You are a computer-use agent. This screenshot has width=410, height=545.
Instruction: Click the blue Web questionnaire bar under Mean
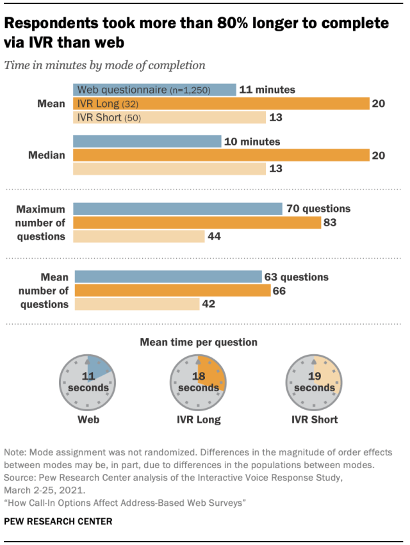pyautogui.click(x=154, y=90)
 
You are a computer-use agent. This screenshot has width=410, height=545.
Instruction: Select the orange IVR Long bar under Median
pyautogui.click(x=221, y=155)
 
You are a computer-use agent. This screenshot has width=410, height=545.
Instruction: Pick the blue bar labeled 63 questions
pyautogui.click(x=168, y=277)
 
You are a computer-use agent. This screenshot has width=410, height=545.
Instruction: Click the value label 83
pyautogui.click(x=331, y=222)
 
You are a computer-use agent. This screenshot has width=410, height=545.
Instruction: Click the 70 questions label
pyautogui.click(x=318, y=208)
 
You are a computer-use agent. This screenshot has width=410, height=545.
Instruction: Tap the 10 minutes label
pyautogui.click(x=252, y=141)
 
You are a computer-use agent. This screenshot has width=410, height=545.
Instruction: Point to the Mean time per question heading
pyautogui.click(x=199, y=343)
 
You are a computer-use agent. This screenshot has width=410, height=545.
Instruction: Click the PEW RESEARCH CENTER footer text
pyautogui.click(x=58, y=522)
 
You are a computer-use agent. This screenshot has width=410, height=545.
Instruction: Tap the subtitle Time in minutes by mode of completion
pyautogui.click(x=104, y=65)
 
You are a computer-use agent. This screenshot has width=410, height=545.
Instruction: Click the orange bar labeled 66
pyautogui.click(x=172, y=291)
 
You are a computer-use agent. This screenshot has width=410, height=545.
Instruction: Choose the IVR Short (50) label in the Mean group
pyautogui.click(x=109, y=117)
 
